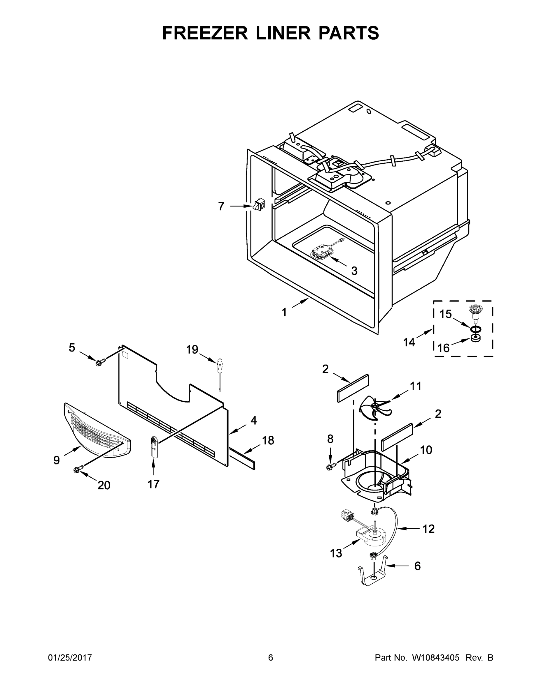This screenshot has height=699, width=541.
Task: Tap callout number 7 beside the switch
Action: point(221,206)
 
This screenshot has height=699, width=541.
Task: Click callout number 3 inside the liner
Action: point(354,271)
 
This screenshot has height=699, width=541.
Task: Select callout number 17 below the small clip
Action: point(153,484)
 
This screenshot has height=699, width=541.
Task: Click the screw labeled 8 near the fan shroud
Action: point(330,467)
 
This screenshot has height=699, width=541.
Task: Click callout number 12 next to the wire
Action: point(428,529)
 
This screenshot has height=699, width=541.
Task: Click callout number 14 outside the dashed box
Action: point(409,342)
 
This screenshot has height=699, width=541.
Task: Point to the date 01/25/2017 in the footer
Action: point(70,657)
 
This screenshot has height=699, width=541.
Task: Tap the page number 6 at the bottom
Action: point(271,657)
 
